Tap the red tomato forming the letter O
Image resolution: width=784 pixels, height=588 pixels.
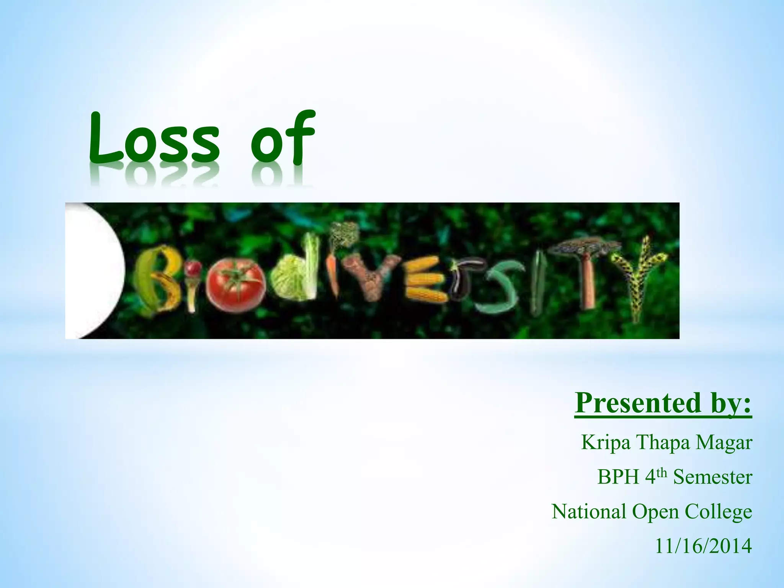(235, 284)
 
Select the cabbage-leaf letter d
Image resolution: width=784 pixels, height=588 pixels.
(297, 276)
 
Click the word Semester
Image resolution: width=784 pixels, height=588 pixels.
(713, 477)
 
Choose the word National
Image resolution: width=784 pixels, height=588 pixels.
(589, 511)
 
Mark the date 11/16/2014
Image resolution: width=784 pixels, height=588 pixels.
(703, 546)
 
